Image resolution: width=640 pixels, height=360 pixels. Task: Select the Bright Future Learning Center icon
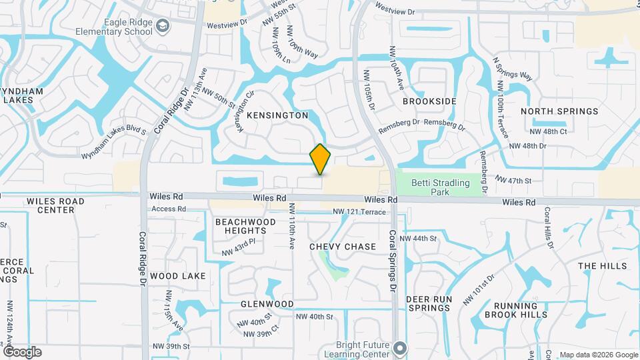click(400, 348)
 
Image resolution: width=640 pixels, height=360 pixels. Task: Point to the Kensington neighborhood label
click(277, 115)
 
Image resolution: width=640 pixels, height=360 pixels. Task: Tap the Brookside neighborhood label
click(429, 101)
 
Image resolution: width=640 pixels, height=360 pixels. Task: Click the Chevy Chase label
click(343, 247)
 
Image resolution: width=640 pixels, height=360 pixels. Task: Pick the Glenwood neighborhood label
click(267, 304)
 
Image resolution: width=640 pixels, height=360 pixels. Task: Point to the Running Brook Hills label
click(516, 310)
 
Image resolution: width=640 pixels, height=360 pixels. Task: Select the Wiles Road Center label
click(55, 205)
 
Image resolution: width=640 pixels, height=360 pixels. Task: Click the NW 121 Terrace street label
click(360, 212)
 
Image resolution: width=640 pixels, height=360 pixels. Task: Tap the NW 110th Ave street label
click(291, 227)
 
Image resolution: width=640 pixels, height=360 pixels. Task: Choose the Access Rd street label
click(168, 209)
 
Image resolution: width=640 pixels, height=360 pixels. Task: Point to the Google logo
click(22, 352)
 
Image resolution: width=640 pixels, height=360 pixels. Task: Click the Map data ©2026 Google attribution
click(598, 355)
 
